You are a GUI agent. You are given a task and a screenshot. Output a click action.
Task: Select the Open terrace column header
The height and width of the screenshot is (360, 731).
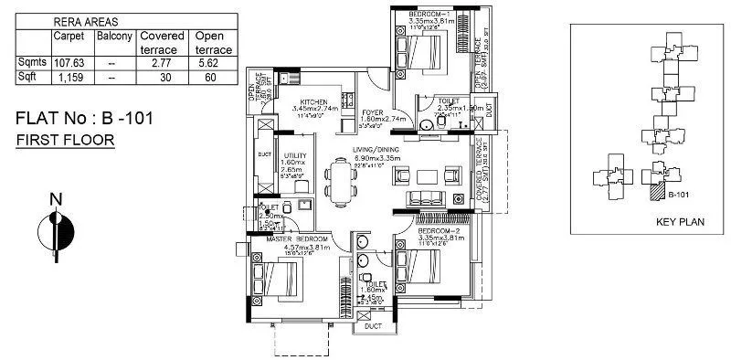pos(213,42)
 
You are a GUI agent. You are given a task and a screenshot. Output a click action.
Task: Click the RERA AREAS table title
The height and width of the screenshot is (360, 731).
pos(84,18)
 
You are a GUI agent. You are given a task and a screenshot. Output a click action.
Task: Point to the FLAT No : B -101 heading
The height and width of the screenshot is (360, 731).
pos(91,119)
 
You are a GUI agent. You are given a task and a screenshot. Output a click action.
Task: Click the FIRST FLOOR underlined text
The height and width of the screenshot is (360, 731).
pos(65,140)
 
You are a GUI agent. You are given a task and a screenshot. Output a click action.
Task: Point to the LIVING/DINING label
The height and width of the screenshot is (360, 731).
pos(379,151)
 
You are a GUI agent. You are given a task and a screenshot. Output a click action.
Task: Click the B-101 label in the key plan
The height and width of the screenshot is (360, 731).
pos(677,195)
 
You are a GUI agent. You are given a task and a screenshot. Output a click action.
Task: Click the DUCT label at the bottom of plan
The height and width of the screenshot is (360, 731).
pos(372,325)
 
